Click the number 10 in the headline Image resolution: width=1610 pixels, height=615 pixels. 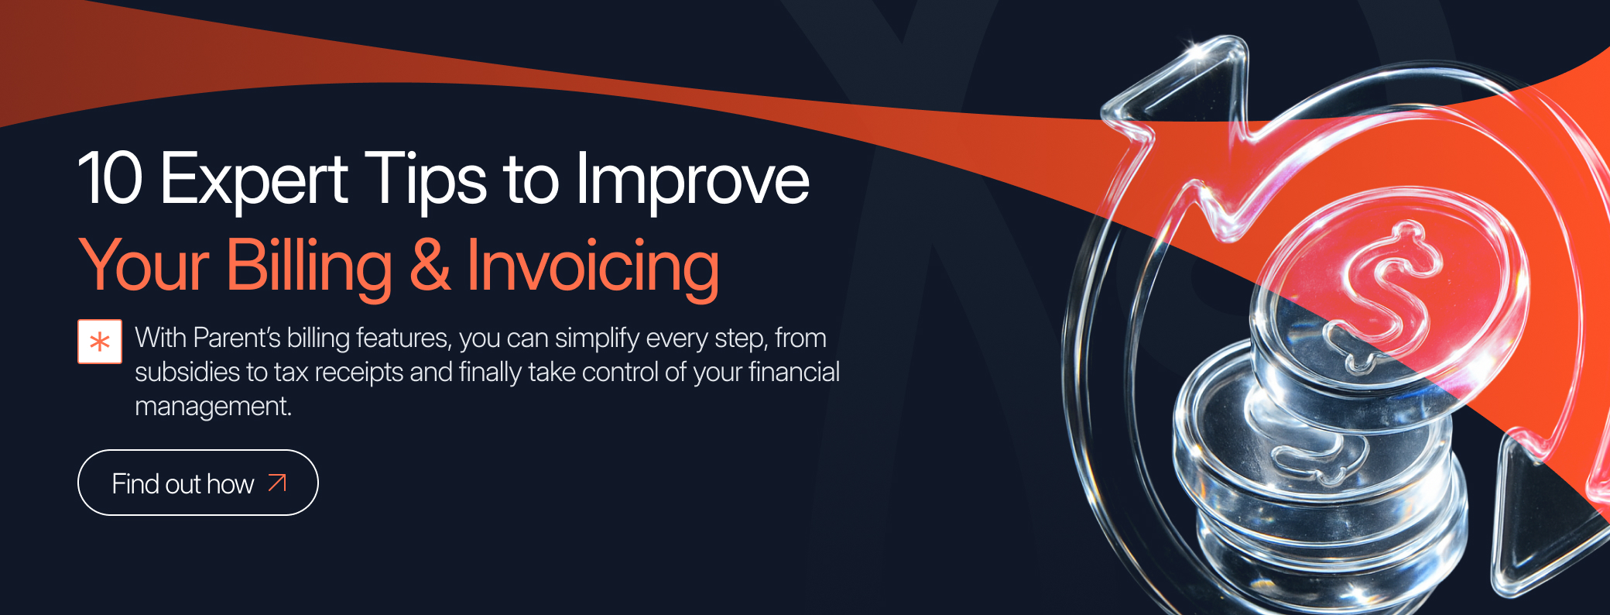[111, 178]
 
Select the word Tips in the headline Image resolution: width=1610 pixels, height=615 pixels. [425, 183]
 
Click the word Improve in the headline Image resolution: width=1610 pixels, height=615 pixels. [692, 183]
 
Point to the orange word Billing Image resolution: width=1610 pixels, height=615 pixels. [310, 268]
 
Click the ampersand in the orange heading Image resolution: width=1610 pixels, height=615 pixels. [430, 265]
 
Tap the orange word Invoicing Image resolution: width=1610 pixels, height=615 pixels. [593, 268]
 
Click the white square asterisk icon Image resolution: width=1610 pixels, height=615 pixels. [100, 342]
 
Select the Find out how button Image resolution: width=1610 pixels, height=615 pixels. [198, 483]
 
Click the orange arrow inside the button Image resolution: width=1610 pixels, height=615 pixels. [277, 483]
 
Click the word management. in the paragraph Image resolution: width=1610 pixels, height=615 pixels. [213, 407]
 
